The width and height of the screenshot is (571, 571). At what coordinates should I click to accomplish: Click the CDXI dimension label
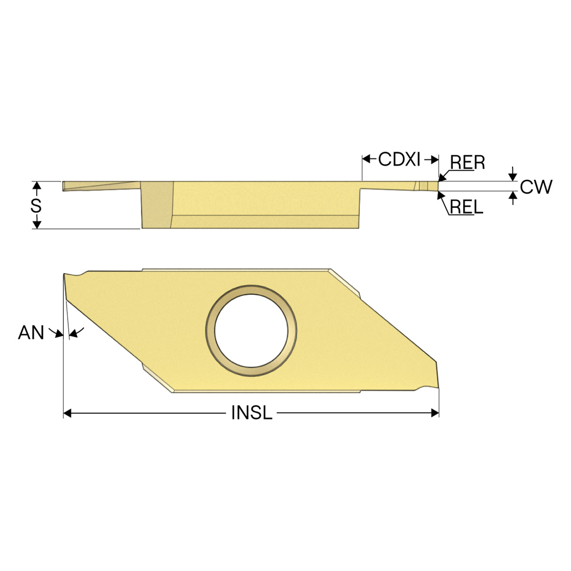[x=399, y=159]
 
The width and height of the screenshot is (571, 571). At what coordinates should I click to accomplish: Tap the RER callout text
[x=468, y=162]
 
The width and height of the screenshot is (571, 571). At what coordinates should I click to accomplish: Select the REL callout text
[x=467, y=207]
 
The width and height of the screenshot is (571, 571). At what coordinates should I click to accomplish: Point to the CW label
[x=536, y=186]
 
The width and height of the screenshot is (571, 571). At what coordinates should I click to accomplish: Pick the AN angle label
[x=31, y=332]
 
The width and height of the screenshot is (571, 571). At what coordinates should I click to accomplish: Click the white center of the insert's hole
[x=251, y=331]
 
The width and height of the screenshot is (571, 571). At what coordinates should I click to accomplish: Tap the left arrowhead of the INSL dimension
[x=67, y=413]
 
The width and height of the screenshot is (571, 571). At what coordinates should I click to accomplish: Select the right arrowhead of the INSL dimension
[x=435, y=413]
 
